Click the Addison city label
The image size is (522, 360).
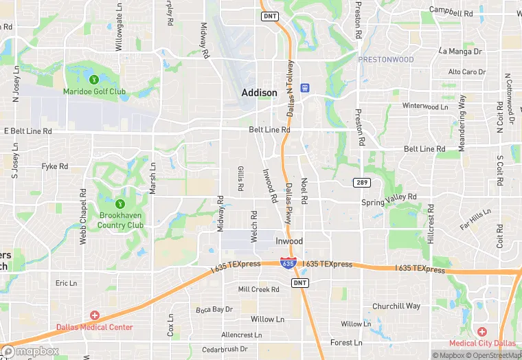click(x=259, y=93)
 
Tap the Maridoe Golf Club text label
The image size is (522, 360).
click(x=94, y=91)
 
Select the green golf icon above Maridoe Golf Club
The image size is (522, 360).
click(x=94, y=80)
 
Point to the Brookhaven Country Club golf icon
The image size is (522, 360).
click(x=120, y=203)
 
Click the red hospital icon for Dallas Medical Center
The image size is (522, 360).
click(x=95, y=315)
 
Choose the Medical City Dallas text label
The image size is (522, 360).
click(x=482, y=343)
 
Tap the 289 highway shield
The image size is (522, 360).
click(x=363, y=182)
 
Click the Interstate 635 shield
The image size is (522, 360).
click(x=288, y=263)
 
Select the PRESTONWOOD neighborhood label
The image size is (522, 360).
click(x=385, y=60)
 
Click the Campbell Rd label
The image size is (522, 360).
click(x=451, y=11)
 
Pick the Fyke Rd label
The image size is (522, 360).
click(x=55, y=166)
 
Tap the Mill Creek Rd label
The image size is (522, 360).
click(x=258, y=289)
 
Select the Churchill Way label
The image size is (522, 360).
click(x=396, y=306)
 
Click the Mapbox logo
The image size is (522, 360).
click(x=30, y=351)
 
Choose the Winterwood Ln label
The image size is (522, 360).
click(x=425, y=106)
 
